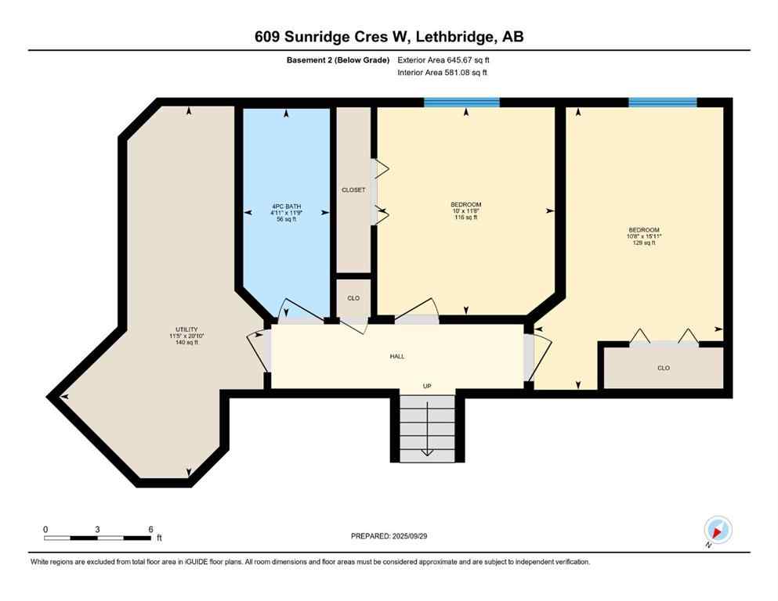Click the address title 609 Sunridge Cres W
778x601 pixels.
(389, 37)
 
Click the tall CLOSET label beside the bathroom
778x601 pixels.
(353, 189)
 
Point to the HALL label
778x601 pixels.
(397, 356)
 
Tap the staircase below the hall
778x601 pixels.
(427, 426)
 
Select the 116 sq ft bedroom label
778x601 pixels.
(466, 211)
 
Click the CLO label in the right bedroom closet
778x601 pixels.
(664, 368)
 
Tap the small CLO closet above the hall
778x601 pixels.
(353, 298)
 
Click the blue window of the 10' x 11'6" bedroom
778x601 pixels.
(461, 102)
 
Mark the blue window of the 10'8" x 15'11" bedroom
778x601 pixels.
(662, 102)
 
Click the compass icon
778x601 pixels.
(718, 530)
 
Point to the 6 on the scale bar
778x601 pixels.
(150, 529)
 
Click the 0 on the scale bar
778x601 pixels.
(45, 529)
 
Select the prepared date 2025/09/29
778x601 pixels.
(389, 536)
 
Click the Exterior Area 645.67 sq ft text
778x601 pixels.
(447, 59)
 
